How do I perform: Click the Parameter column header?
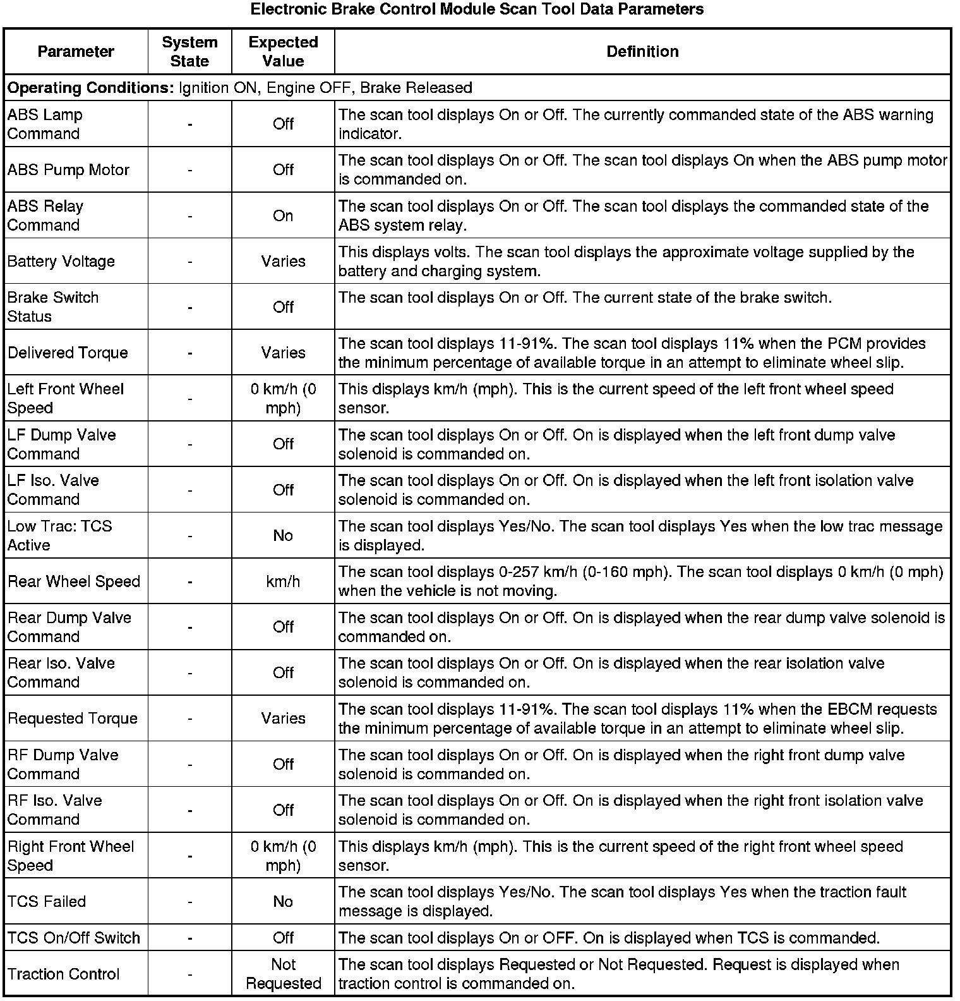76,52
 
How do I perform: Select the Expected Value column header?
283,52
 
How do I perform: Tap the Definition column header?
642,52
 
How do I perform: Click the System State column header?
189,52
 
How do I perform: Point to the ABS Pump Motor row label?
68,170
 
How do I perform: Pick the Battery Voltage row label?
61,262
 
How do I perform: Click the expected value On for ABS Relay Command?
283,216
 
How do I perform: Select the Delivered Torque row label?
68,353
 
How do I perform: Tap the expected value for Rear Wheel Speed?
283,581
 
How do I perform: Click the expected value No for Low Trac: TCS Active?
283,536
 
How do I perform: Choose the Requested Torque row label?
73,719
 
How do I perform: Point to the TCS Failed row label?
47,902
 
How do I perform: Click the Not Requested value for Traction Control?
283,974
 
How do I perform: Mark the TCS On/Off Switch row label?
74,938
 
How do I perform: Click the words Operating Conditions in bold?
90,88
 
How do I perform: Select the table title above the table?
477,9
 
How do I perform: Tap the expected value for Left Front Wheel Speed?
283,399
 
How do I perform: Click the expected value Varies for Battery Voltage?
283,262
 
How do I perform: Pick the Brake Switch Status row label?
53,307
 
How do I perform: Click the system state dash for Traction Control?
189,974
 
